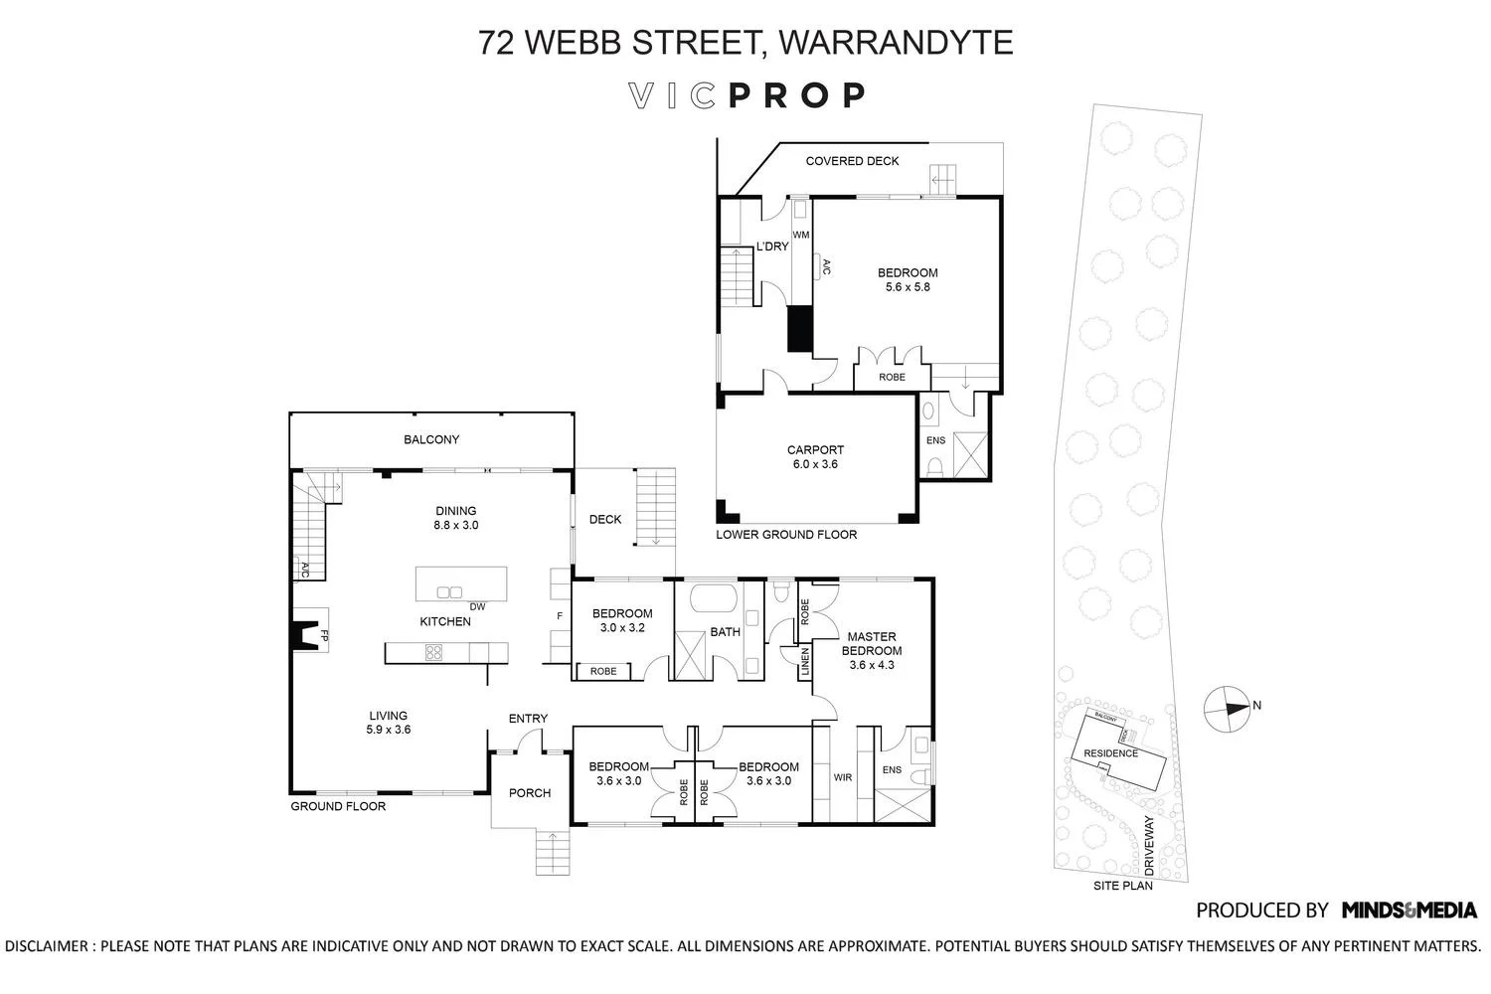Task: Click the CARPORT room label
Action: point(815,450)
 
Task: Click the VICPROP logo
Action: point(747,95)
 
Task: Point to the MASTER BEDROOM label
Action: point(871,644)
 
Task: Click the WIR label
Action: point(843,777)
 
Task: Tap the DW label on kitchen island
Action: point(477,606)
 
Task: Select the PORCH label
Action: point(530,793)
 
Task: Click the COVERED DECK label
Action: point(852,161)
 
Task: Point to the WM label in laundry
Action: point(801,235)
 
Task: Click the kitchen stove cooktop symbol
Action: point(434,653)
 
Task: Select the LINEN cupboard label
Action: point(802,664)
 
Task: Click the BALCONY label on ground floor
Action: point(431,439)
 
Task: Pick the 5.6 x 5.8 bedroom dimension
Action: point(907,287)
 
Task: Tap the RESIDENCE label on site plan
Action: point(1110,753)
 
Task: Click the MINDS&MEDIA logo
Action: point(1408,910)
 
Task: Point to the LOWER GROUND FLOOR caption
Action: point(786,535)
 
